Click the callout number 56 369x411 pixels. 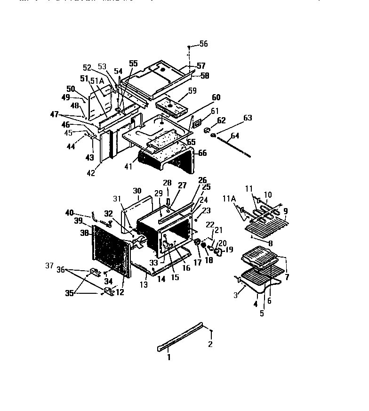click(203, 44)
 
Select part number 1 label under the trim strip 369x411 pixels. click(168, 357)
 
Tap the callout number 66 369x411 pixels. click(202, 153)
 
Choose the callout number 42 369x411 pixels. click(91, 173)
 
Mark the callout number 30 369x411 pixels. click(137, 191)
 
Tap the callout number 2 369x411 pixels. click(210, 344)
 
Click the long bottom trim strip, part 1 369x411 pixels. click(181, 336)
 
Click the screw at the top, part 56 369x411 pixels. click(189, 48)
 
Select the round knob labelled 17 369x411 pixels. click(198, 242)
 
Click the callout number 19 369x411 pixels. click(229, 250)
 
